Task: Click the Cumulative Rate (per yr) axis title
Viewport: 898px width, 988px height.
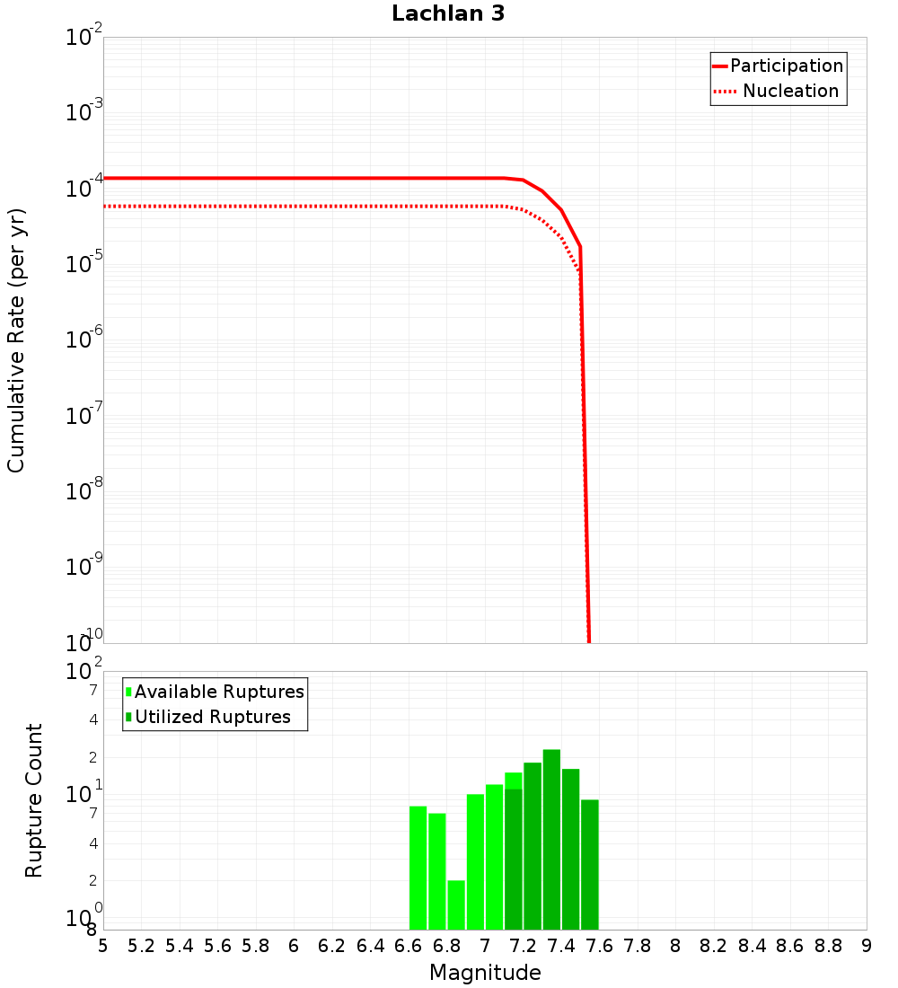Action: [x=16, y=340]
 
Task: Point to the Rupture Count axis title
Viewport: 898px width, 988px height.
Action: [x=34, y=800]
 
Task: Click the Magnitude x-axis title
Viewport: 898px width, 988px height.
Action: [x=485, y=973]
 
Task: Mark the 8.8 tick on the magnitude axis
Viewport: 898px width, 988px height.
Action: [x=828, y=946]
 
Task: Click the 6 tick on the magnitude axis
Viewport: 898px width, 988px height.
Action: [x=294, y=946]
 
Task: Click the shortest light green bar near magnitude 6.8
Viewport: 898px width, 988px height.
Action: [x=456, y=904]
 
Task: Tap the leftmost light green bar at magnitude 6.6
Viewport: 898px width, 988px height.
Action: [x=418, y=868]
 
